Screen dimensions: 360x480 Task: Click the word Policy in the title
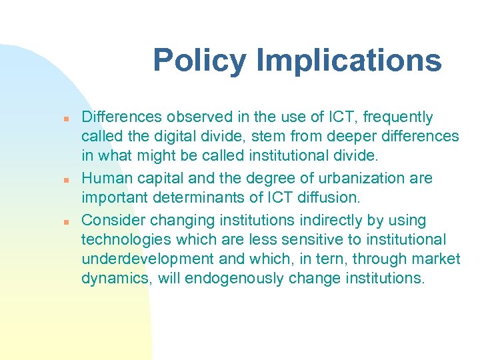pos(200,61)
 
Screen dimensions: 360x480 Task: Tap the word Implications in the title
pos(349,61)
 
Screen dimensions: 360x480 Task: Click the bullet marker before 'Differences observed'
pos(67,119)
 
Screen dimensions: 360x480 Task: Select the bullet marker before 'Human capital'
pos(67,180)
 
